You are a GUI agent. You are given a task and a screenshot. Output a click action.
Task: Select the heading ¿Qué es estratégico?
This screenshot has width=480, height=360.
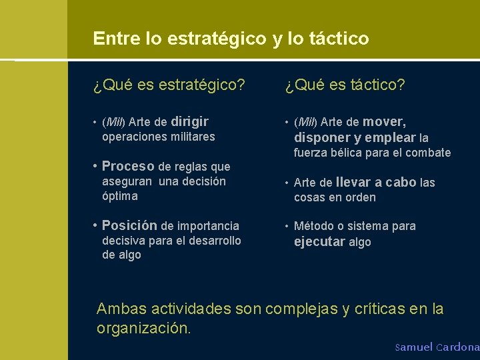point(169,85)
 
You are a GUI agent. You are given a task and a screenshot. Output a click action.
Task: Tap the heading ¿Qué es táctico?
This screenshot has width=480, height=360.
point(345,85)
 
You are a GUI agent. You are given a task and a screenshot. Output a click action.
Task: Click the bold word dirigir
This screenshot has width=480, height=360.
point(190,121)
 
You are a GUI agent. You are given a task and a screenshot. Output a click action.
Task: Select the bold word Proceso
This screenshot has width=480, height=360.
point(128,166)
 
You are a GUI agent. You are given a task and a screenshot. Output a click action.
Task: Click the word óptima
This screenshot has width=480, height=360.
point(120,196)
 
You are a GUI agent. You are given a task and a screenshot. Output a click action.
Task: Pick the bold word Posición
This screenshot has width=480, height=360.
point(129,225)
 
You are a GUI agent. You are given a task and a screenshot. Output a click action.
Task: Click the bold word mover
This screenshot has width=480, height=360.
point(384,121)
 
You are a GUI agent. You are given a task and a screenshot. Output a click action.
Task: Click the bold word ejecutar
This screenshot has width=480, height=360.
point(319,241)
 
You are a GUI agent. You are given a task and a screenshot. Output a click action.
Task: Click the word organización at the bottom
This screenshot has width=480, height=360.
point(143,328)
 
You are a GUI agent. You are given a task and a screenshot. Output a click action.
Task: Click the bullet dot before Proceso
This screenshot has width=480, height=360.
point(96,166)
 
